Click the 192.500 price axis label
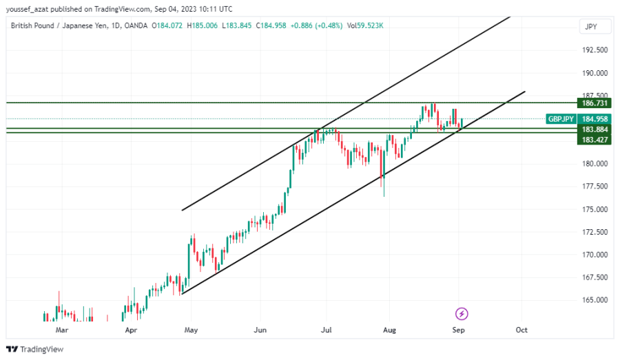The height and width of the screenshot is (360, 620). [x=595, y=50]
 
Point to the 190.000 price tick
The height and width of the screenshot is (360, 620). [x=595, y=73]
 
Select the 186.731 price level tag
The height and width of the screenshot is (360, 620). [x=595, y=103]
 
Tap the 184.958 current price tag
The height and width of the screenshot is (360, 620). [x=595, y=118]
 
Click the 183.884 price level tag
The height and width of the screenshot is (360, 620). [x=595, y=129]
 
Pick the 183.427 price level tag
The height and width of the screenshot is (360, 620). [x=595, y=139]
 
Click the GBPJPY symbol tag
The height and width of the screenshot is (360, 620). [x=561, y=118]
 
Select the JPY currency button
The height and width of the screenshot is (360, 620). [x=590, y=27]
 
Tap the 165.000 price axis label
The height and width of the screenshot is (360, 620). [x=595, y=301]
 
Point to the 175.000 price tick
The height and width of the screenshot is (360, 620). [x=595, y=209]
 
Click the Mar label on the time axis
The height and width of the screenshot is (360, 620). [x=62, y=330]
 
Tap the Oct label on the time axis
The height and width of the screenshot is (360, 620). [x=521, y=330]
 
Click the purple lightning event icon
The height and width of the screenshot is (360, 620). [x=462, y=314]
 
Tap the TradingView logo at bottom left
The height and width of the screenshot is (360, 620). [x=35, y=349]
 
